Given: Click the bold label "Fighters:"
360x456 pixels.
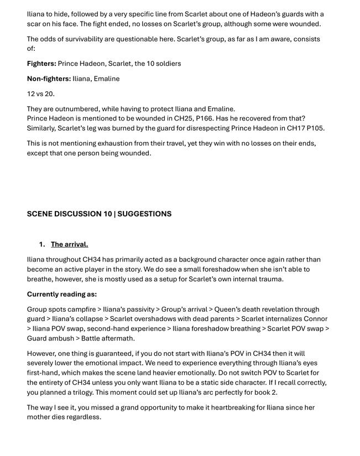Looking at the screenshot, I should click(x=41, y=64).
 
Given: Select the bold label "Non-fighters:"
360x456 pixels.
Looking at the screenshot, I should click(x=48, y=78).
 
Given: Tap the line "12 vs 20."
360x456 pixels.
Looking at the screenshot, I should click(x=41, y=94).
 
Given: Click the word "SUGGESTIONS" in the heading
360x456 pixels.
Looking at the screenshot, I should click(x=144, y=214).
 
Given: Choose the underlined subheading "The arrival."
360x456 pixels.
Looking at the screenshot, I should click(x=69, y=244).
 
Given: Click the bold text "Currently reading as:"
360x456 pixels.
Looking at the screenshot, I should click(x=62, y=294).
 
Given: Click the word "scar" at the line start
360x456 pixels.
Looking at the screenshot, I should click(x=34, y=24).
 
